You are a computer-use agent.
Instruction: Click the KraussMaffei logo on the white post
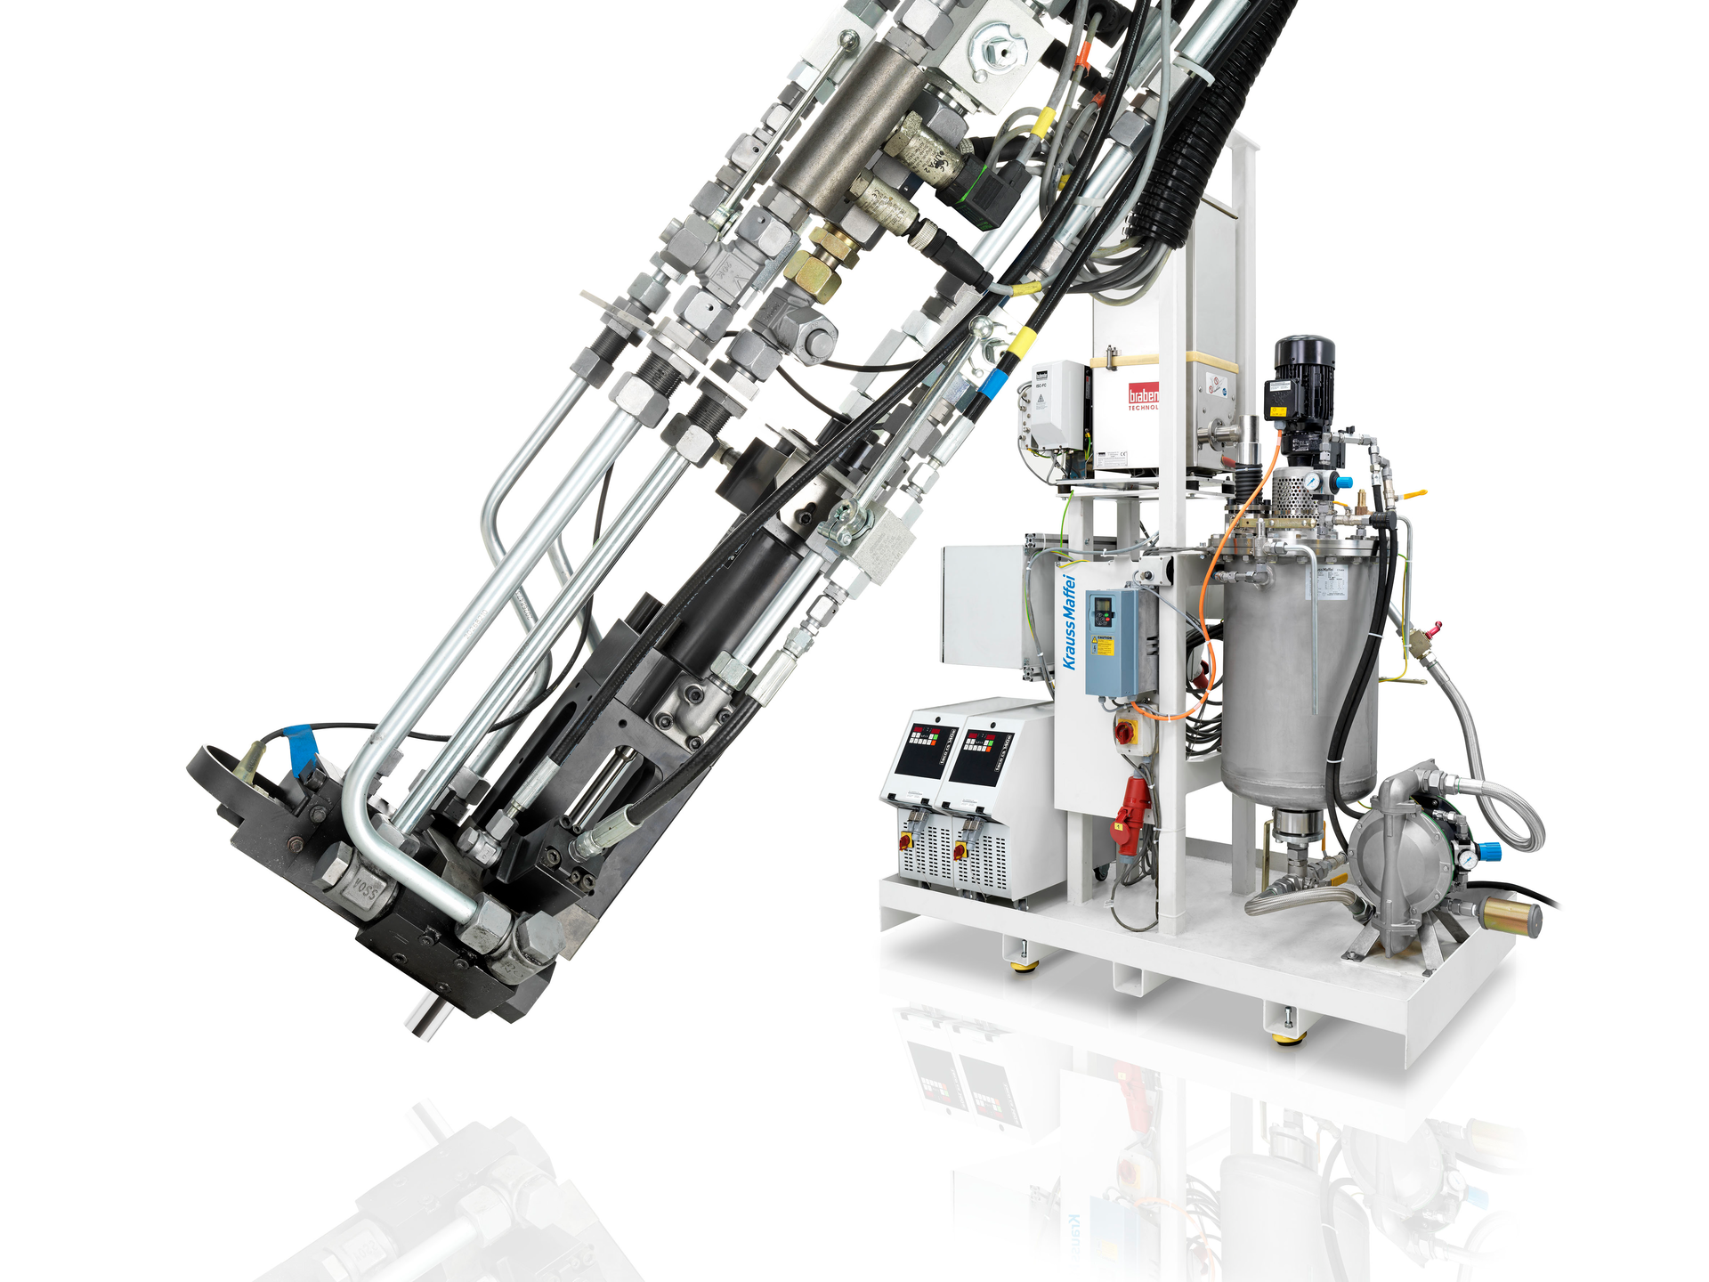1069,622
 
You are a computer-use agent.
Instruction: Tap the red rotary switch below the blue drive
1125,731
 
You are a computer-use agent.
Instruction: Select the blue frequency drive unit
1110,641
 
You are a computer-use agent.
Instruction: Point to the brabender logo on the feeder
1143,395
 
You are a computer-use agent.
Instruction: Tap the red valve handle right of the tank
1430,631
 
